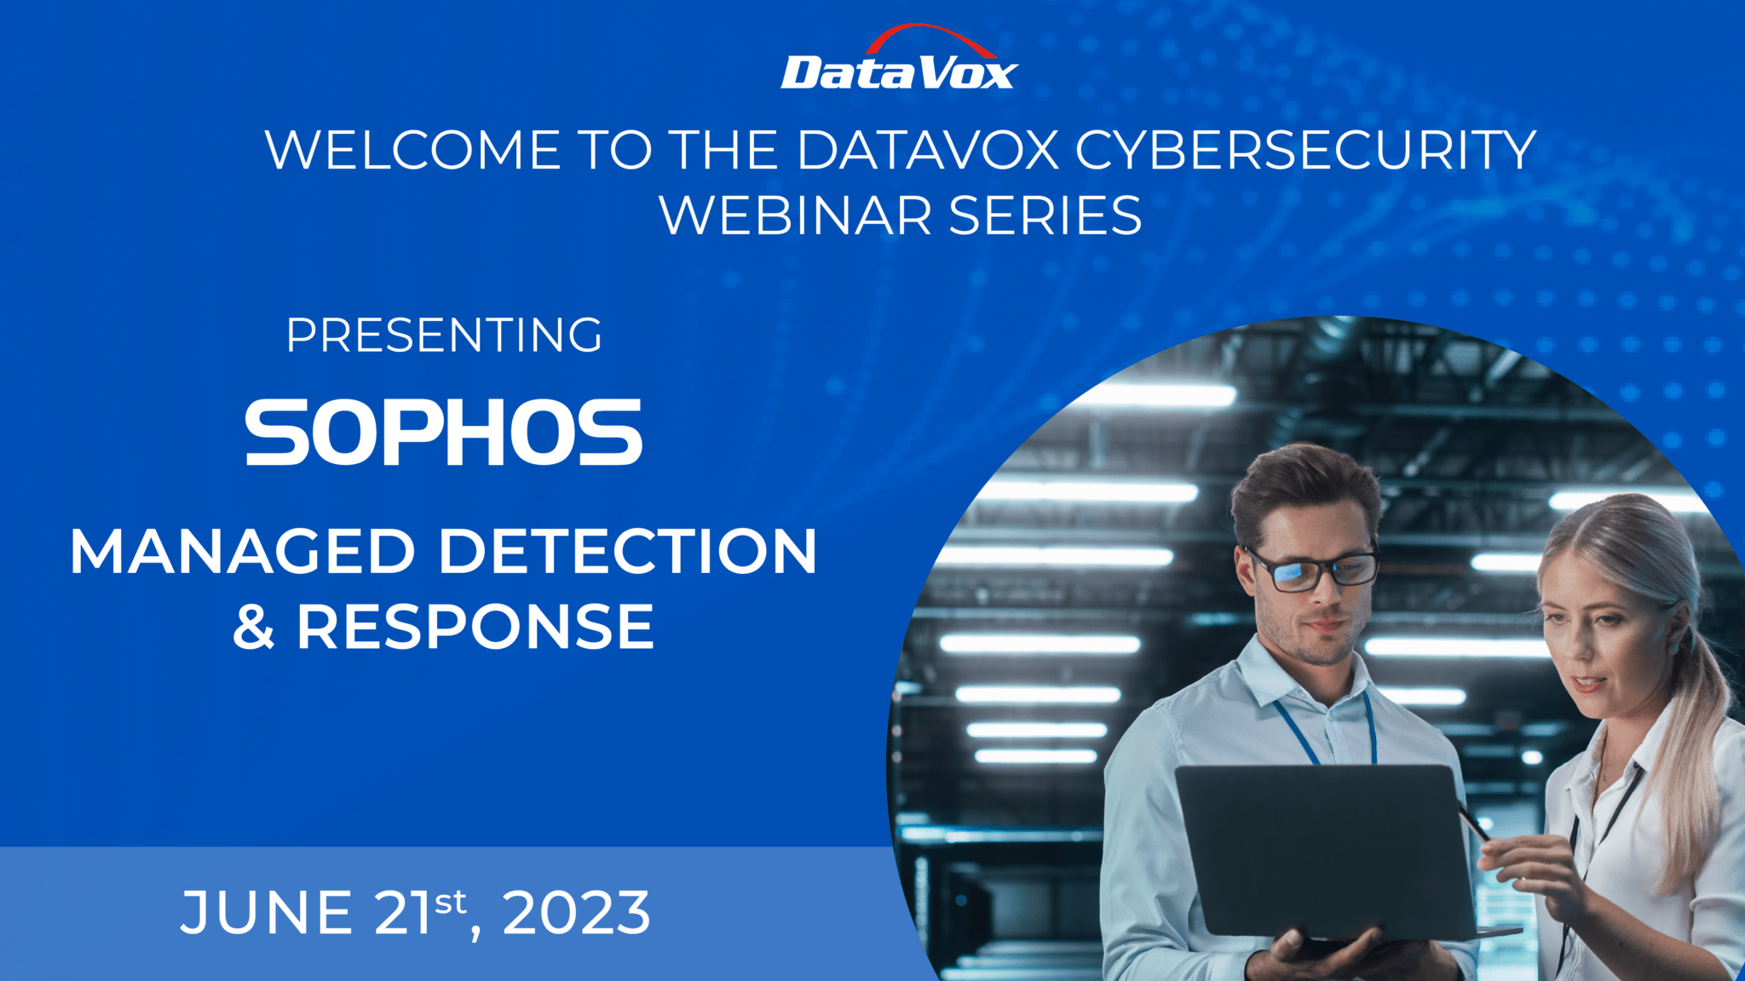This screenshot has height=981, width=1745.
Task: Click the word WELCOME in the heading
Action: click(412, 151)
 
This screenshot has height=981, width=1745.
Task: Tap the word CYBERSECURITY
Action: click(1305, 151)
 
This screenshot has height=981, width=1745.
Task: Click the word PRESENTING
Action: click(444, 336)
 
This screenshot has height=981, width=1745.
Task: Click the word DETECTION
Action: click(628, 552)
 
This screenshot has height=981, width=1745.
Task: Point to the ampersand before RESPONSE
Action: click(254, 627)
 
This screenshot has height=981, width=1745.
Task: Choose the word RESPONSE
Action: click(475, 627)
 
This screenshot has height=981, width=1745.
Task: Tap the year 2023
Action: click(577, 913)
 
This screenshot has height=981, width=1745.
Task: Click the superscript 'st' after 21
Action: click(451, 901)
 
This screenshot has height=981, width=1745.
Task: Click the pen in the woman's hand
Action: click(1473, 822)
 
